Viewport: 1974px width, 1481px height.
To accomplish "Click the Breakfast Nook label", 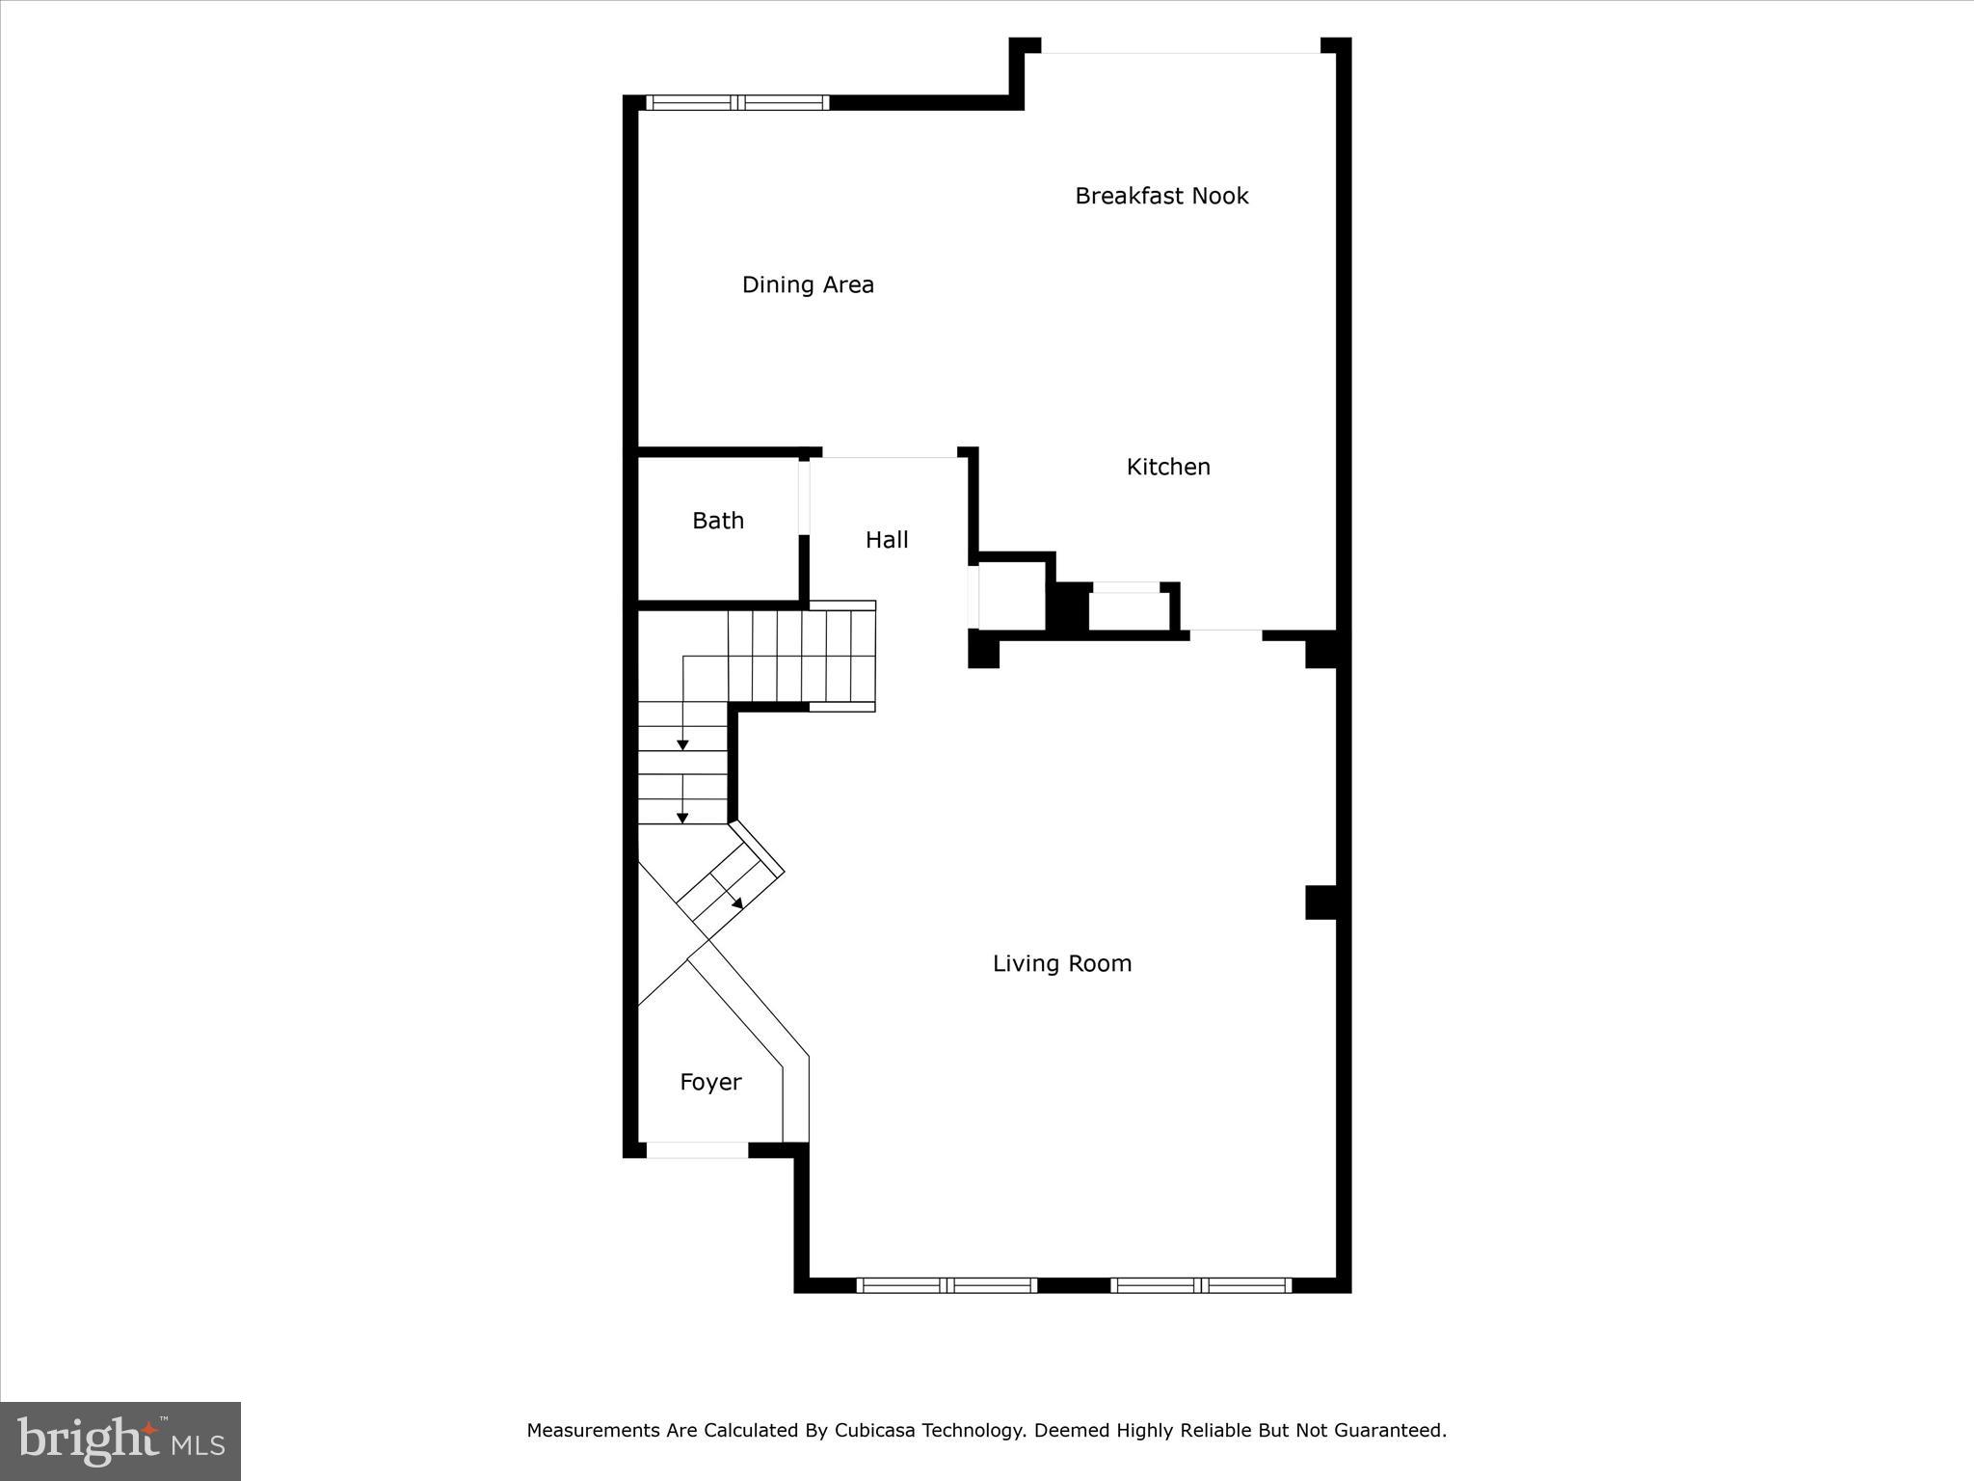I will tap(1161, 196).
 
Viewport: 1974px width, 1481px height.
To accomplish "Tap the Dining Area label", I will tap(808, 284).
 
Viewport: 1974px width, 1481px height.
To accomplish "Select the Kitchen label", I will tap(1168, 467).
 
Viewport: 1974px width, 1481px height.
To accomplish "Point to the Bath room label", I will tap(718, 521).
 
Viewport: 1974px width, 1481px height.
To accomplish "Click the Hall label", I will tap(887, 540).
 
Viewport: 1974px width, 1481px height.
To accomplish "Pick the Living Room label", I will tap(1062, 963).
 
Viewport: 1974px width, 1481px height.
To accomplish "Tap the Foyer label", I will tap(710, 1082).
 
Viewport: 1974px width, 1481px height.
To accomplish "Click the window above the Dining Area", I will tap(737, 102).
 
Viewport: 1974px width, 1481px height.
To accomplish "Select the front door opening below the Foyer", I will tap(697, 1149).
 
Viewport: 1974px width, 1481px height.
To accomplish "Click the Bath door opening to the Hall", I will tap(804, 498).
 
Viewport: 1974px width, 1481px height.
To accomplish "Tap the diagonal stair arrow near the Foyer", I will tap(737, 903).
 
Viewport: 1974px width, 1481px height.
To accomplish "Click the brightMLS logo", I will tap(120, 1441).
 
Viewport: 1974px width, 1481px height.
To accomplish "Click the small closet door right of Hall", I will tap(974, 597).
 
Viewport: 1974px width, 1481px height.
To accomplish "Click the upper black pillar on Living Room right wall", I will tap(1320, 650).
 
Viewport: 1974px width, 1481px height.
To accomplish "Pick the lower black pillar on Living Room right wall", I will tap(1320, 902).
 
